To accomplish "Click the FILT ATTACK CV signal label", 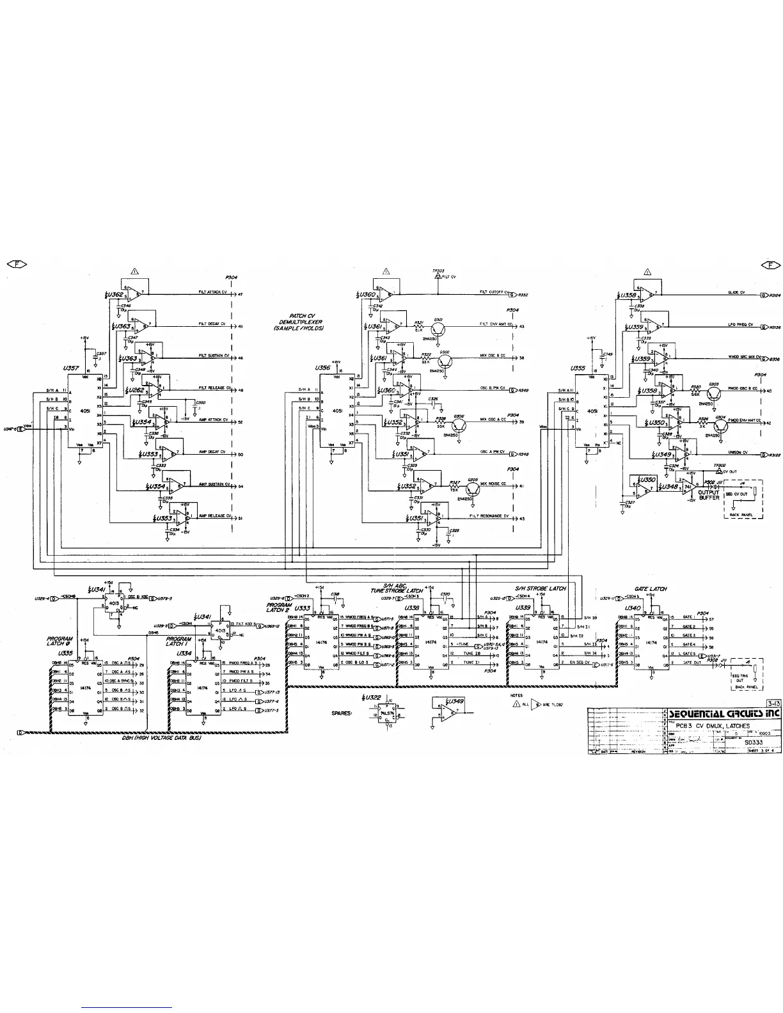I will [x=210, y=292].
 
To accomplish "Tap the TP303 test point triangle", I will [x=438, y=277].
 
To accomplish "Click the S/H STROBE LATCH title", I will [x=541, y=588].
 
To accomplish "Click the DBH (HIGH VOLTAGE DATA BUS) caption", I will [x=161, y=738].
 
